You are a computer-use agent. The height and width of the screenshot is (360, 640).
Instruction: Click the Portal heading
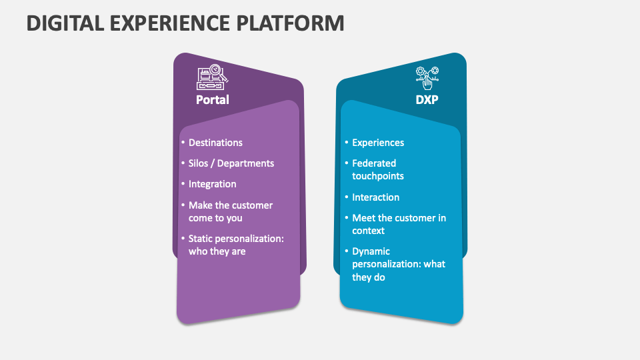[212, 100]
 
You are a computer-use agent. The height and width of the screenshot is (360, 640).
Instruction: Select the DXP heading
[427, 100]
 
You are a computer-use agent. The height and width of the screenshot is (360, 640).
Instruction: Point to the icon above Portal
[212, 77]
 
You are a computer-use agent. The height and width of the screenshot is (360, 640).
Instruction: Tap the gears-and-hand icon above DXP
[427, 77]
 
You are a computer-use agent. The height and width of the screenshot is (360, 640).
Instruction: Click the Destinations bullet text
[215, 143]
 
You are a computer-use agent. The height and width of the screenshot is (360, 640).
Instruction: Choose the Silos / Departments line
[231, 163]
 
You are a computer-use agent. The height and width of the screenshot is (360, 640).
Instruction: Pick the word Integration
[212, 184]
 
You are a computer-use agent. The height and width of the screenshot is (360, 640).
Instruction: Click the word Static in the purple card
[202, 239]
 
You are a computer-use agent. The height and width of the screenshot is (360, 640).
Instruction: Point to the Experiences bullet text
[378, 143]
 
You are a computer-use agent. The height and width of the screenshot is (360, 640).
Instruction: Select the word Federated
[374, 163]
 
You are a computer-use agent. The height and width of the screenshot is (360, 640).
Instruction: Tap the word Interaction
[375, 197]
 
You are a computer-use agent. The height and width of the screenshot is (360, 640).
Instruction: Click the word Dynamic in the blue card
[371, 251]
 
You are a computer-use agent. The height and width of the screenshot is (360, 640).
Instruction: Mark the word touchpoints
[378, 176]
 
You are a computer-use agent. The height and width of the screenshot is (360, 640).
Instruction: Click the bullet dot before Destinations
[183, 143]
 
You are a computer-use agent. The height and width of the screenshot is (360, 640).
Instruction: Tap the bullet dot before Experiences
[346, 143]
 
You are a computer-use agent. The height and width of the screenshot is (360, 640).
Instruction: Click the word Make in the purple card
[201, 205]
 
